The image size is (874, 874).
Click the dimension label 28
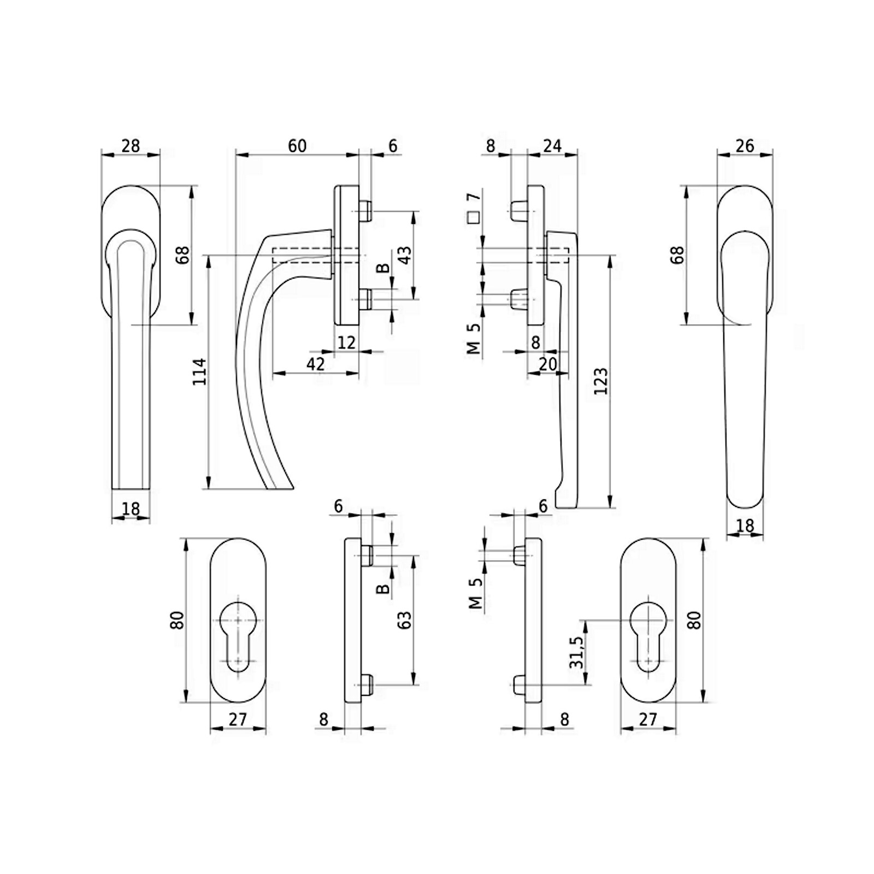pyautogui.click(x=131, y=146)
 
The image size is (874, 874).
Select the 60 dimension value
pyautogui.click(x=297, y=146)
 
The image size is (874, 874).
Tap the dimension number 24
pyautogui.click(x=552, y=146)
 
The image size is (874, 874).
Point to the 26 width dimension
pyautogui.click(x=745, y=146)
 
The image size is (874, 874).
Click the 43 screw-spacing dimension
pyautogui.click(x=405, y=255)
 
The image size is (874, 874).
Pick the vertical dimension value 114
pyautogui.click(x=200, y=371)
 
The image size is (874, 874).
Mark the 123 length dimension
pyautogui.click(x=600, y=381)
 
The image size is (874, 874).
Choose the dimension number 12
pyautogui.click(x=346, y=342)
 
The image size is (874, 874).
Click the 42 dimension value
pyautogui.click(x=315, y=364)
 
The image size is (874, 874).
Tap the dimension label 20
pyautogui.click(x=547, y=364)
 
